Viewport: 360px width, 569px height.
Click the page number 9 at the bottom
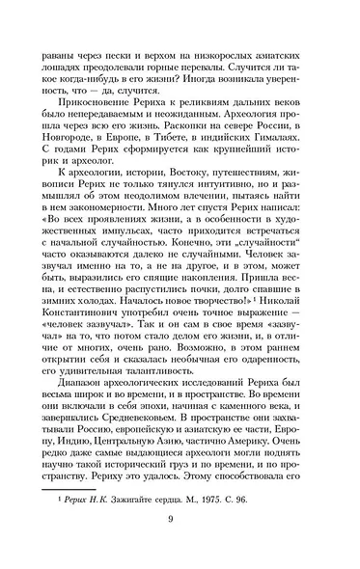pos(180,547)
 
